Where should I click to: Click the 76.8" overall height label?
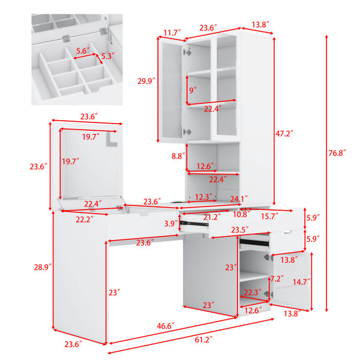click(x=337, y=152)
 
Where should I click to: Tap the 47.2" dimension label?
click(x=284, y=133)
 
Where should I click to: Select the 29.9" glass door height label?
click(x=146, y=81)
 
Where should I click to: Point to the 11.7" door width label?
click(x=172, y=33)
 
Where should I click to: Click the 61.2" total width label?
click(x=203, y=340)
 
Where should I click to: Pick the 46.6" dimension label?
click(x=166, y=326)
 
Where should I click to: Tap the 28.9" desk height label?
click(x=43, y=267)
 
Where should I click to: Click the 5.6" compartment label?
click(x=83, y=51)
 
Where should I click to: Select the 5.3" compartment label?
click(x=107, y=56)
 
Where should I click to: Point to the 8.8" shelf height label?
click(x=178, y=156)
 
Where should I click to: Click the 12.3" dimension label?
click(x=203, y=197)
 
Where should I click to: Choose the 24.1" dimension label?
click(x=239, y=199)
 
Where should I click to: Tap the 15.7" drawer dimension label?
click(x=269, y=216)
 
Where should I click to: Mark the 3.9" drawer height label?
click(x=171, y=223)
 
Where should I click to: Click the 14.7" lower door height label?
click(x=301, y=282)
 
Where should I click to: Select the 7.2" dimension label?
click(x=277, y=279)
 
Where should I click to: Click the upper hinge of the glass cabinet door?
click(x=187, y=53)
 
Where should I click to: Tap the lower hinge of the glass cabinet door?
click(x=187, y=132)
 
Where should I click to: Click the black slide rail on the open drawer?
click(x=194, y=223)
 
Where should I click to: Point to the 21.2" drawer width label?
click(x=212, y=217)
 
